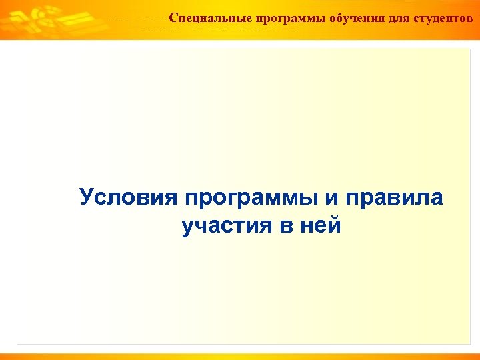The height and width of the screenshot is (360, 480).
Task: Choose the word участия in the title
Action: pyautogui.click(x=226, y=226)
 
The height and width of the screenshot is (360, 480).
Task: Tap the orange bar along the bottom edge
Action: pyautogui.click(x=240, y=355)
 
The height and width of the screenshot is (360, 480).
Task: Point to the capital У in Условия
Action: pyautogui.click(x=87, y=197)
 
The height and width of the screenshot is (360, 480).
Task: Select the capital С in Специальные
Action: pyautogui.click(x=173, y=17)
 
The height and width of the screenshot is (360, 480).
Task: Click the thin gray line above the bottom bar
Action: pyautogui.click(x=240, y=345)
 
